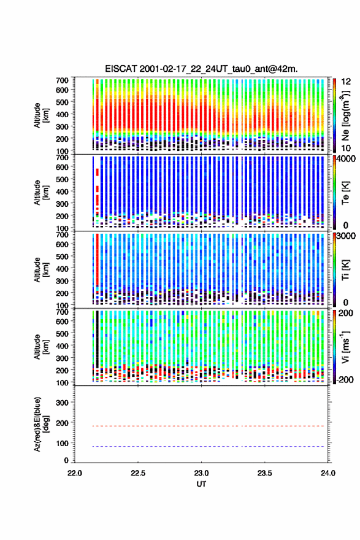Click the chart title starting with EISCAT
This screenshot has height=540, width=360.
click(x=201, y=69)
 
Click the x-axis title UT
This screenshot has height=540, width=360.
click(x=201, y=484)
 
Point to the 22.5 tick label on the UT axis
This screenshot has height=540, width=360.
click(x=138, y=473)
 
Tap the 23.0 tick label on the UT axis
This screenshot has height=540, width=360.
click(x=201, y=473)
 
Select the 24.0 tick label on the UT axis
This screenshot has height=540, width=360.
click(x=328, y=473)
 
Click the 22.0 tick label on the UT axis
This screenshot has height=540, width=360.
click(x=75, y=473)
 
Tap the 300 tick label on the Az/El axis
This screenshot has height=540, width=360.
click(x=63, y=403)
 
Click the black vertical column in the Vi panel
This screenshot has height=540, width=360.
click(x=98, y=339)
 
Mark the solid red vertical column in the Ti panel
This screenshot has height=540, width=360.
click(x=98, y=260)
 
